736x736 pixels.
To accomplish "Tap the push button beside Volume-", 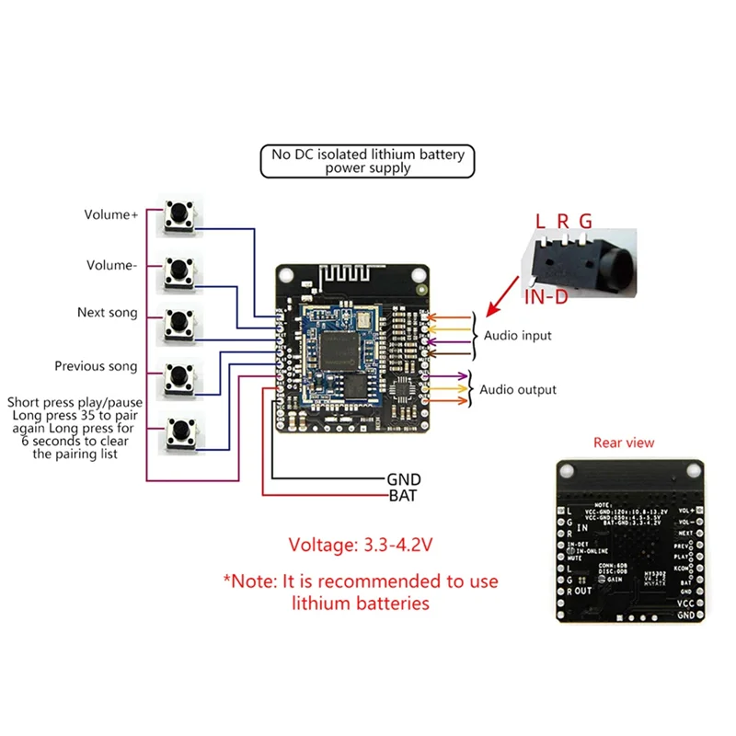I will tap(180, 270).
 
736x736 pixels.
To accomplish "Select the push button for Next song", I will tap(180, 323).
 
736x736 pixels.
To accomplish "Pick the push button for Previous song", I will tap(180, 375).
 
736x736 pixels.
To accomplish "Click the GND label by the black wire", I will tap(403, 479).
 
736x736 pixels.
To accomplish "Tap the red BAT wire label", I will tap(403, 496).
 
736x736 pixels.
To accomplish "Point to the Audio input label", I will tap(518, 336).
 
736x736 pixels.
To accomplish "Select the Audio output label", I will tap(518, 389).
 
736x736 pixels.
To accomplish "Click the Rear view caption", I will tap(624, 443).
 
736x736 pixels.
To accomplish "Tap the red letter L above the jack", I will tap(540, 221).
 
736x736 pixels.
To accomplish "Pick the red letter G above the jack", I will tap(585, 221).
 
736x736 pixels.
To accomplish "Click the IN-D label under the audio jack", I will tap(546, 296).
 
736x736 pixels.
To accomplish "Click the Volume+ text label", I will tap(110, 215).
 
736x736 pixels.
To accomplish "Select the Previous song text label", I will tap(96, 366).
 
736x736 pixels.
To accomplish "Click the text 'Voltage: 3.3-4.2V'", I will tap(361, 545).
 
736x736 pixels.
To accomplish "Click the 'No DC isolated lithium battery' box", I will tap(367, 162).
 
